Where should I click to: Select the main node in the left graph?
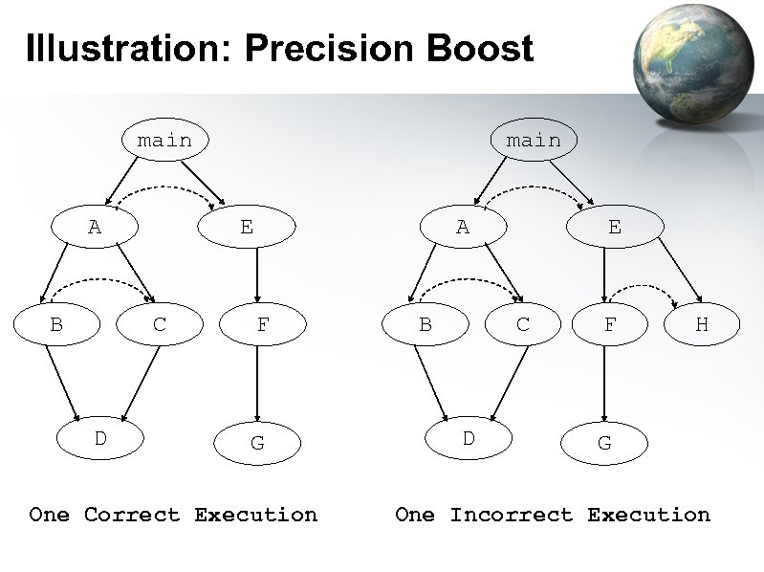click(x=164, y=141)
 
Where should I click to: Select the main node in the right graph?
click(x=534, y=141)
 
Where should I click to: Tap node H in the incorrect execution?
click(x=702, y=324)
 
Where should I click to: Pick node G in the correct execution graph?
click(x=257, y=444)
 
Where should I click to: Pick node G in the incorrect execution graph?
click(x=604, y=444)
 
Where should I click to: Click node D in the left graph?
click(x=99, y=439)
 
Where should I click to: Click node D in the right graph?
click(x=469, y=439)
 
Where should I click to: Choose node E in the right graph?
click(x=614, y=227)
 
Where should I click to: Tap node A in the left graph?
click(x=94, y=227)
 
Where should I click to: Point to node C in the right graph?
click(x=523, y=324)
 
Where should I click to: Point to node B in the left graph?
click(x=56, y=324)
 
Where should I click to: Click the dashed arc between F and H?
click(x=643, y=286)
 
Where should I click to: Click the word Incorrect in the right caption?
click(x=513, y=515)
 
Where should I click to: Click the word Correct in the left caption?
click(x=132, y=515)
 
